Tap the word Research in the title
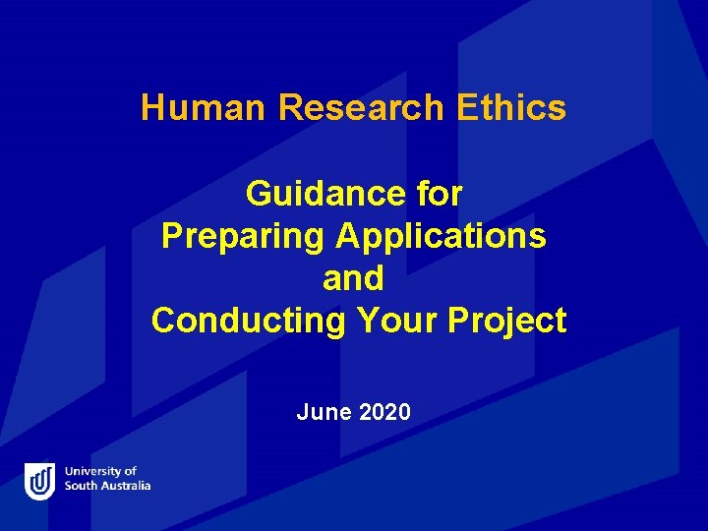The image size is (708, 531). point(361,107)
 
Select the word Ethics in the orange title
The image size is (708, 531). point(511,107)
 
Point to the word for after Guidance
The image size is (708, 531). point(439,194)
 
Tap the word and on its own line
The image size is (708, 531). point(353,278)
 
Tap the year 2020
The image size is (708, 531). point(384,412)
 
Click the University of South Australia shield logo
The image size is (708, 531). point(39,481)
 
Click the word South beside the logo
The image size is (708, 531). point(80,486)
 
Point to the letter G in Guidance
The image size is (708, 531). point(259,194)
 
